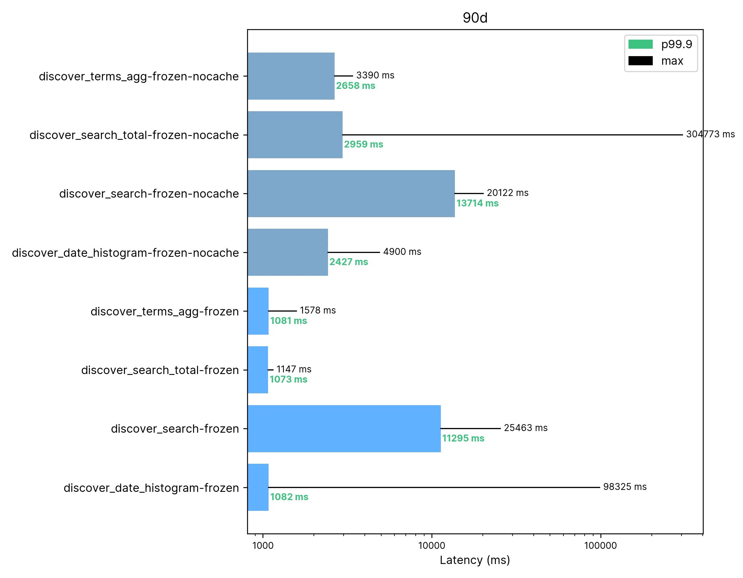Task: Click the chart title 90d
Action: click(475, 18)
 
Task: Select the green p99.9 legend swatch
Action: click(640, 44)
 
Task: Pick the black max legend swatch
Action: click(640, 61)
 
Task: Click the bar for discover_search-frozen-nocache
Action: click(351, 193)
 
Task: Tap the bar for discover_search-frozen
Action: click(344, 429)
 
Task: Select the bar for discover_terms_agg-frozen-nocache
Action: click(291, 76)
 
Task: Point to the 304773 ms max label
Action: click(710, 134)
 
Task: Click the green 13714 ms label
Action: click(477, 203)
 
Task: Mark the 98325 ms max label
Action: click(625, 487)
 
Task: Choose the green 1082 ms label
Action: click(289, 497)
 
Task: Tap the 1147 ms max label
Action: click(294, 369)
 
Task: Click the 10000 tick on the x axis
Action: click(431, 546)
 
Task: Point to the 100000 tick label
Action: click(600, 546)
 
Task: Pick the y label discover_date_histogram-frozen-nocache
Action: click(125, 253)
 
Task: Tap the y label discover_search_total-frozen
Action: click(160, 370)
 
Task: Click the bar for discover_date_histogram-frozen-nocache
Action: click(288, 252)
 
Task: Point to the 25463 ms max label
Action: click(526, 428)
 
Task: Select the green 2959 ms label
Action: click(363, 144)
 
